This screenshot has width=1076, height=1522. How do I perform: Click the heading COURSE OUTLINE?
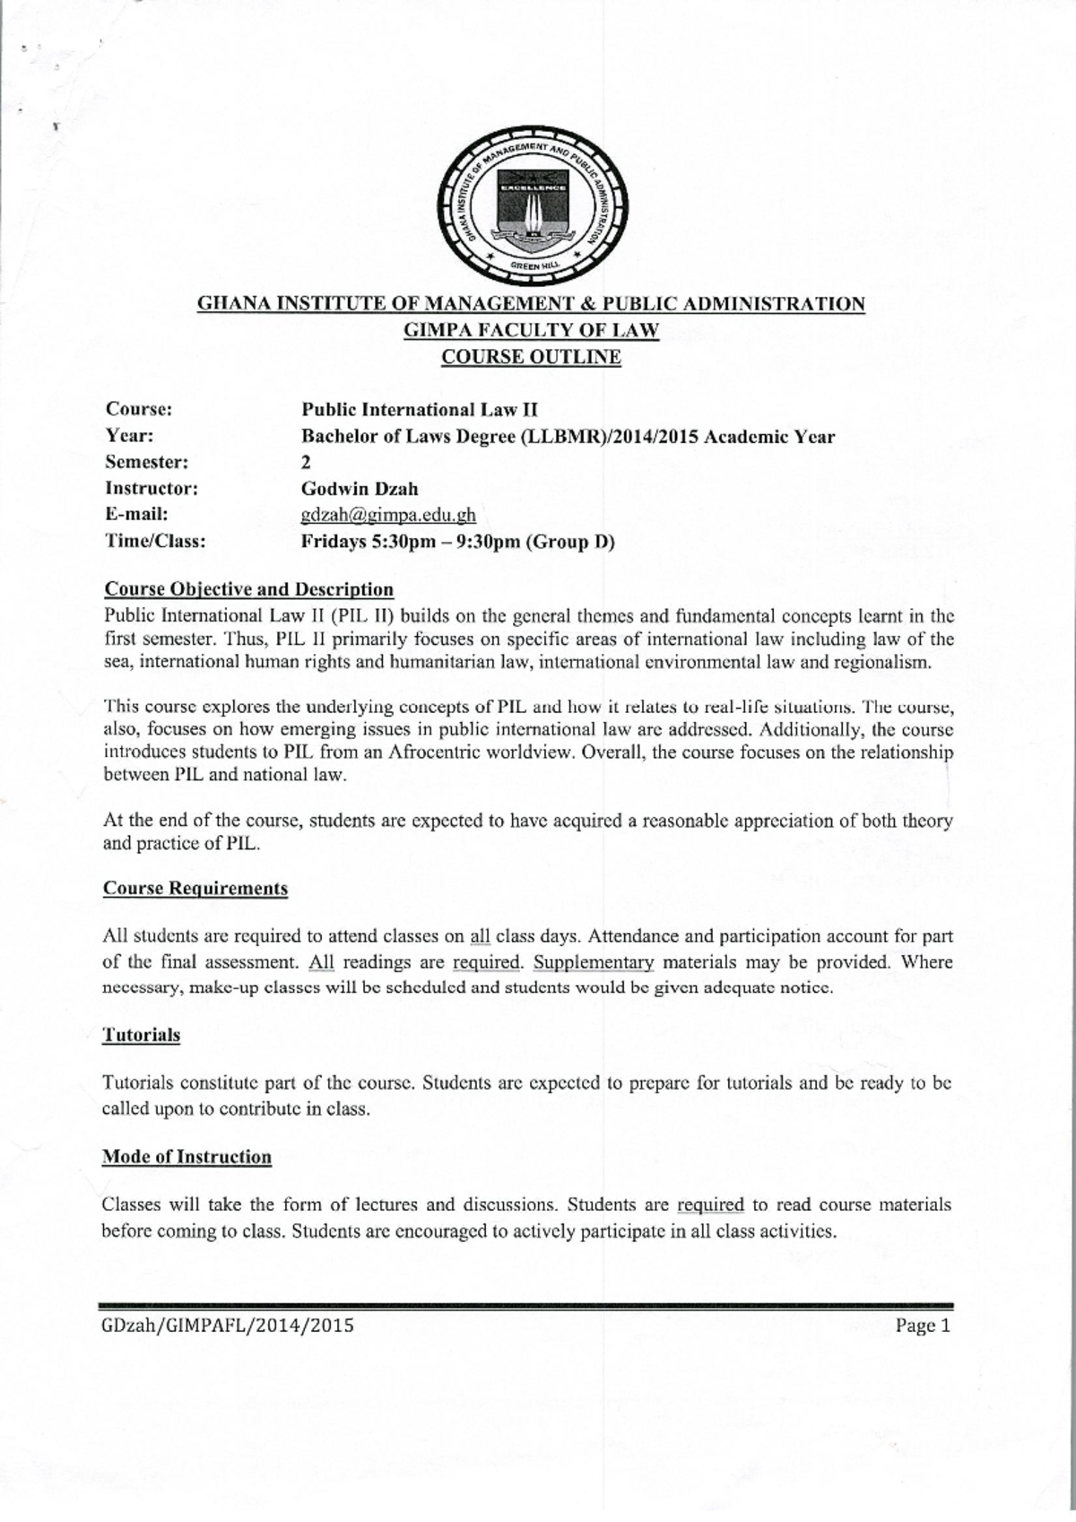(x=532, y=357)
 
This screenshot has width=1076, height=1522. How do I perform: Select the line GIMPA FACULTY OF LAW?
(x=532, y=330)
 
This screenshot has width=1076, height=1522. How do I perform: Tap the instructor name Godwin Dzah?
(x=360, y=489)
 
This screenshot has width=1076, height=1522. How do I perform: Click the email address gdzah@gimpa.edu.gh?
(x=388, y=515)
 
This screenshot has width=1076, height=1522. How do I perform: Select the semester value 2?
(x=307, y=463)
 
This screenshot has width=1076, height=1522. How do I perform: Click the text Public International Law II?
(x=419, y=410)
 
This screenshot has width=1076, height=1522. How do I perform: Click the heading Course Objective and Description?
(x=249, y=589)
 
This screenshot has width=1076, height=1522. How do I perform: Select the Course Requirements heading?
(x=195, y=888)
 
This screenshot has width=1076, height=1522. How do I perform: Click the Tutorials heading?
(x=142, y=1035)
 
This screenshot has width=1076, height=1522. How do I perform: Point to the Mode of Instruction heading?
(x=187, y=1157)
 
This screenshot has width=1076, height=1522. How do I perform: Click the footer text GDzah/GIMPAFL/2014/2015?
(x=228, y=1326)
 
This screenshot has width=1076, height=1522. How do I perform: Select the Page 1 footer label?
(x=922, y=1326)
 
